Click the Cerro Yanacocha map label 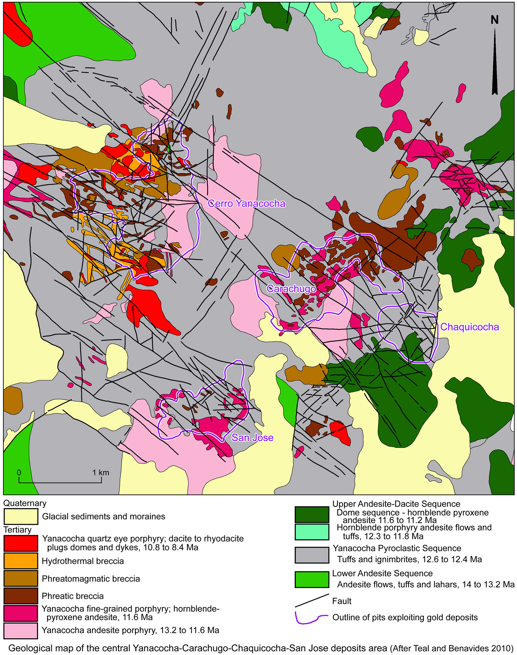pos(247,203)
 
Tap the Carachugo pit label pos(291,289)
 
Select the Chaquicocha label pos(469,327)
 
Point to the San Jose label pos(252,438)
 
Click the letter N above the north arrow pos(494,20)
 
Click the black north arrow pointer pos(495,65)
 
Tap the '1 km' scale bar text pos(101,472)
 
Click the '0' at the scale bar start pos(19,472)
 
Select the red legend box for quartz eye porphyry pos(21,543)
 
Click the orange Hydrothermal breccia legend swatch pos(21,561)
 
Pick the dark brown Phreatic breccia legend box pos(21,596)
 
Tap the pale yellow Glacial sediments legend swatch pos(21,516)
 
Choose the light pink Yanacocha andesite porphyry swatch pos(21,631)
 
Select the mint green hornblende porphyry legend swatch pos(312,532)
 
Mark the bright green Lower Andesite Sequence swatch pos(312,580)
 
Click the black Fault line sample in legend pos(312,600)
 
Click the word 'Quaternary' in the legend pos(25,503)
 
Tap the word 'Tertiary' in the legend pos(18,530)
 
